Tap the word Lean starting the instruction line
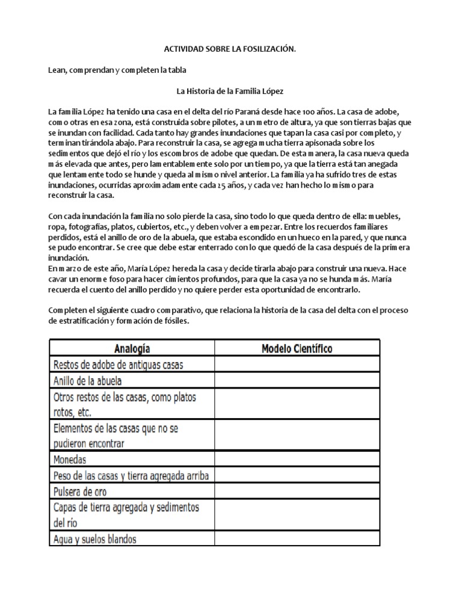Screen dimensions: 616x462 click(57, 70)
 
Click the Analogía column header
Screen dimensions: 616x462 click(131, 348)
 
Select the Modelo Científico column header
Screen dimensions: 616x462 click(297, 348)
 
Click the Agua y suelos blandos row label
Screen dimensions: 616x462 click(99, 539)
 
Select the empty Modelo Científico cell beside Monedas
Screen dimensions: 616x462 click(297, 460)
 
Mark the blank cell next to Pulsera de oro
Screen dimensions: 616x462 click(297, 491)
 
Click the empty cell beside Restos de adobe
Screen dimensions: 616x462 click(297, 365)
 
